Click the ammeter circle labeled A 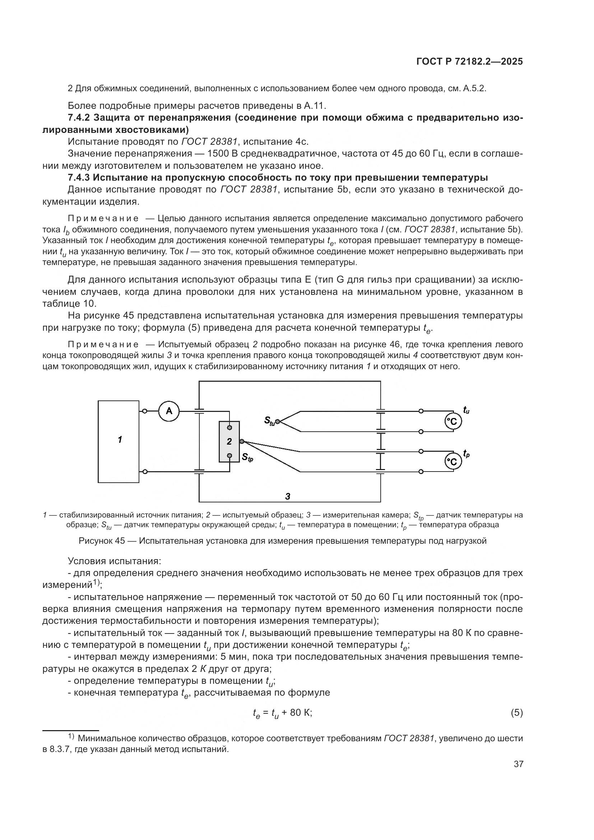169,411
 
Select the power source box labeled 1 119,442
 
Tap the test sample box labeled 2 229,442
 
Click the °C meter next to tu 453,422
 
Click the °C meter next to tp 453,462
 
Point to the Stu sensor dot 278,422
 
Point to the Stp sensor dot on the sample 242,442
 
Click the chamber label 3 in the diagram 288,496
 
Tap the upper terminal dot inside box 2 229,428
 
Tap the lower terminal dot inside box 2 229,455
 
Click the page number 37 518,764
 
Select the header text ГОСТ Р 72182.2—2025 470,62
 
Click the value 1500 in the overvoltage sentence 220,154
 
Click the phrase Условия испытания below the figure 114,561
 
